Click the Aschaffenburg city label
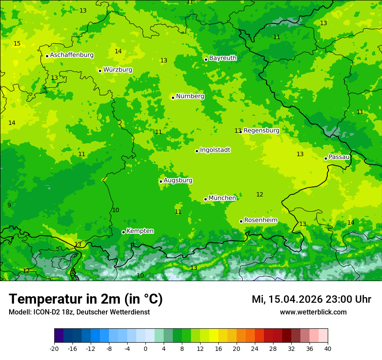(72, 55)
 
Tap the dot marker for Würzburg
(100, 71)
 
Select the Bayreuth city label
(223, 58)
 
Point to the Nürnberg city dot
(173, 98)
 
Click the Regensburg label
(261, 131)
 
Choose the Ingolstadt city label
(215, 150)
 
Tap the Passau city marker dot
(326, 158)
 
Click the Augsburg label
(178, 180)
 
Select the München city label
(222, 198)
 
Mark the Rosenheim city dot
(241, 221)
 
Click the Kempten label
(140, 231)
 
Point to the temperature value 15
(17, 44)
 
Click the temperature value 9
(9, 205)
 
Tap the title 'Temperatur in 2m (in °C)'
(86, 299)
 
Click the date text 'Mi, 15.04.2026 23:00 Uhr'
(311, 299)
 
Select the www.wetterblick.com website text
(313, 312)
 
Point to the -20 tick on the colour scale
(54, 348)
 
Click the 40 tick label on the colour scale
(328, 348)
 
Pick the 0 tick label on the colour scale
(145, 348)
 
